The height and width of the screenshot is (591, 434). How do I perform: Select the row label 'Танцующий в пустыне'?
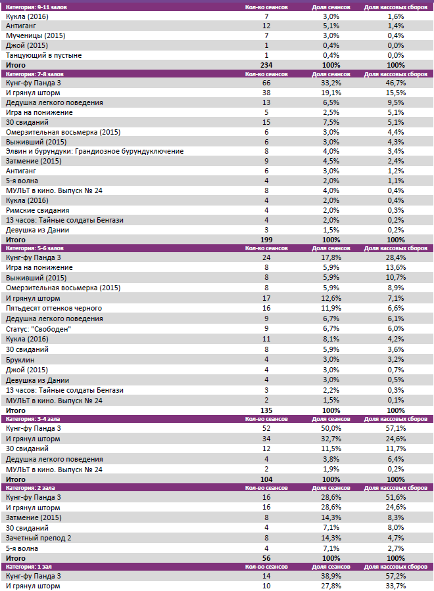[x=43, y=55]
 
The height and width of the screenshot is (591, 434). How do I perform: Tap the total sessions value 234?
[x=266, y=65]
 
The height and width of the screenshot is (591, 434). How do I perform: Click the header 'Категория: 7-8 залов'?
[x=34, y=75]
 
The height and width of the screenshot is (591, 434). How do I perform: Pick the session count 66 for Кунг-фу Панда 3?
[x=266, y=83]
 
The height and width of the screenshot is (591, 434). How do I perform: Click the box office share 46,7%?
[x=396, y=83]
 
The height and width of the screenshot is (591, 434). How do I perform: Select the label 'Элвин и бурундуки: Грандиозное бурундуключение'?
[x=95, y=152]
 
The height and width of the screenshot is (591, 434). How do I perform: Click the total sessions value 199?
[x=266, y=240]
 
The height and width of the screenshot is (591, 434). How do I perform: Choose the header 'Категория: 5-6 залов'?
[x=34, y=248]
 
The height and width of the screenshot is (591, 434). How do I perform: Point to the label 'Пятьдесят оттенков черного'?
[x=54, y=308]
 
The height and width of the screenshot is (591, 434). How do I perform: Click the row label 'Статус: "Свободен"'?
[x=38, y=328]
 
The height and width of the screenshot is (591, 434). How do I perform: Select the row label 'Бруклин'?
[x=20, y=360]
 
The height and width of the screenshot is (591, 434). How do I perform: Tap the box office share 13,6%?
[x=396, y=268]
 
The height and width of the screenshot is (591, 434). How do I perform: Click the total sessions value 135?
[x=266, y=410]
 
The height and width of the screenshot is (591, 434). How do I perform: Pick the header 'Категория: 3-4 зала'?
[x=32, y=418]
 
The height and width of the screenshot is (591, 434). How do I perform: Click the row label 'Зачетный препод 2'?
[x=38, y=538]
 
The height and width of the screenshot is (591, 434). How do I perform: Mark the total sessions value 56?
[x=266, y=558]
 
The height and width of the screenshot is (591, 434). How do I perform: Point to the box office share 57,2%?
[x=396, y=576]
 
